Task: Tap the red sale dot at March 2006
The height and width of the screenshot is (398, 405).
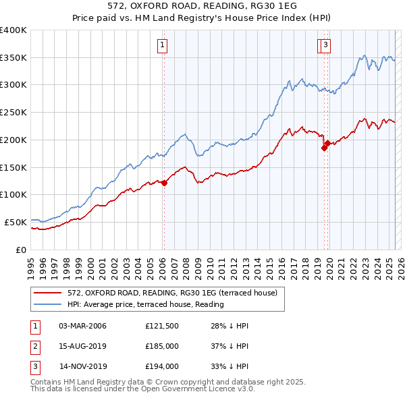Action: point(164,183)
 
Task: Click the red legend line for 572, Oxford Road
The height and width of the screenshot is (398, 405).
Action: point(48,293)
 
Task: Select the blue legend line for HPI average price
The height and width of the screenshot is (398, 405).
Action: point(48,304)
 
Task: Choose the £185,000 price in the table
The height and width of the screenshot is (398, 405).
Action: point(161,347)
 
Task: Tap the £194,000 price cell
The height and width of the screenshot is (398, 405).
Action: point(161,367)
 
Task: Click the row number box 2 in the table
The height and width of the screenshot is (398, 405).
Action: point(34,347)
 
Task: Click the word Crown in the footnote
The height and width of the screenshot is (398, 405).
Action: point(174,382)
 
